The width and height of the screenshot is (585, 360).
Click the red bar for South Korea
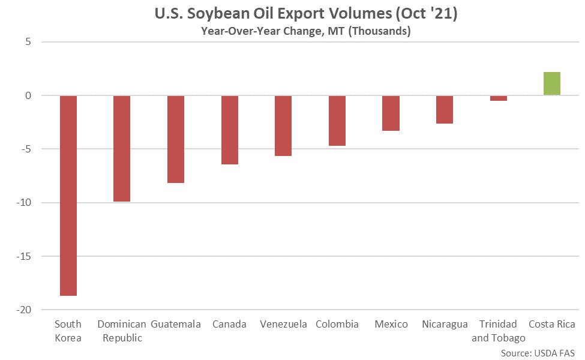click(x=68, y=195)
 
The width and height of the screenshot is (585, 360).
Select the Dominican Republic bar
click(x=122, y=148)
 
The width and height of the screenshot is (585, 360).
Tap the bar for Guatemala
click(x=176, y=139)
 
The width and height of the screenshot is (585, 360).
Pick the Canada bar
click(x=230, y=130)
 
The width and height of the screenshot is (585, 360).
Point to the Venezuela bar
click(x=283, y=125)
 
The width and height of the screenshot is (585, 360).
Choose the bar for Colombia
click(x=337, y=121)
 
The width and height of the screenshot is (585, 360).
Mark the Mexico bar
click(x=391, y=113)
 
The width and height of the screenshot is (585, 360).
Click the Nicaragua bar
click(x=445, y=109)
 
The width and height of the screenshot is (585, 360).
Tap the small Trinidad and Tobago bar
click(x=499, y=98)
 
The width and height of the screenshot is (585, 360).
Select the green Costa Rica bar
click(x=552, y=83)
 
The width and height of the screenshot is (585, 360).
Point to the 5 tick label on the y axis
click(x=28, y=42)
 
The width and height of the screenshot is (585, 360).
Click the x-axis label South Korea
click(x=68, y=331)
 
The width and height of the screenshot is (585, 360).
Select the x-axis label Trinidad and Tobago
click(x=499, y=331)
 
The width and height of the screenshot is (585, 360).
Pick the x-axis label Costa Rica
click(x=552, y=325)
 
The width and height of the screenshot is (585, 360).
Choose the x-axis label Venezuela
click(x=283, y=325)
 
